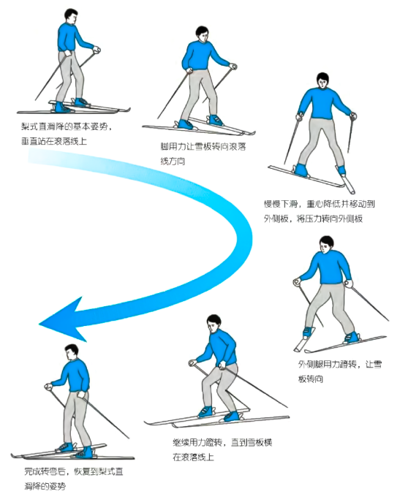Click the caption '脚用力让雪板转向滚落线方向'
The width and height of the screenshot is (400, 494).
tap(203, 153)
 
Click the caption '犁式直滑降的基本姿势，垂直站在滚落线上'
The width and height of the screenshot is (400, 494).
tap(66, 132)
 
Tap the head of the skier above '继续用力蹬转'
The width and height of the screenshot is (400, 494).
tap(213, 322)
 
